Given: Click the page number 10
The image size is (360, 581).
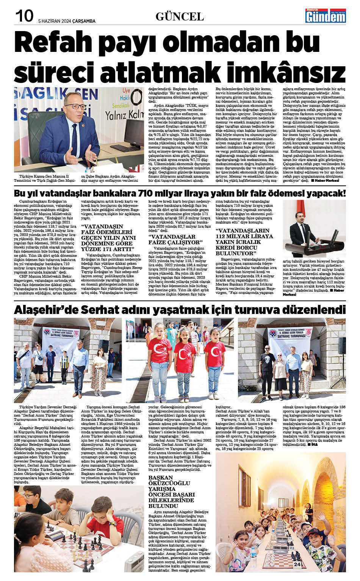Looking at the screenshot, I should coord(24,16).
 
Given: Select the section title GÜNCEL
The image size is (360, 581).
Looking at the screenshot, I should coord(180,17).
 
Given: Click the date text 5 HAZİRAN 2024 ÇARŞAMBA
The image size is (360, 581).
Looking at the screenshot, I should coord(67,21).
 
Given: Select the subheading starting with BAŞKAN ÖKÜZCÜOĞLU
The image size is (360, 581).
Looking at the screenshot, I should coord(172,492).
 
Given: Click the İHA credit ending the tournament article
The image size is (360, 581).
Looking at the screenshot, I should coord(313,445).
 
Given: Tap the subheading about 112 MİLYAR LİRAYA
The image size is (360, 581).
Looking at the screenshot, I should coord(244,242).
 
